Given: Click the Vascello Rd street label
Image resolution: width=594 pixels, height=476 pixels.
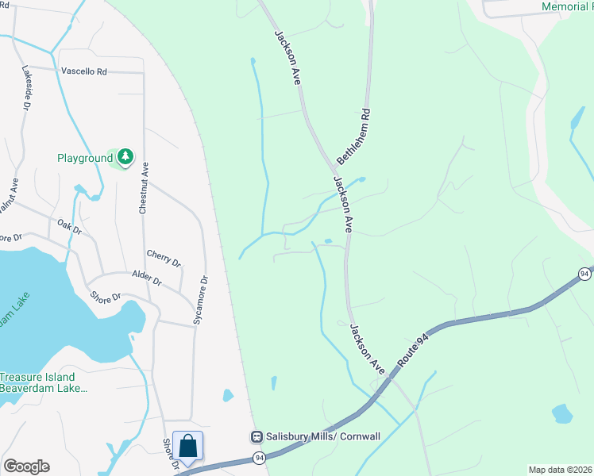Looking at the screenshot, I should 83,71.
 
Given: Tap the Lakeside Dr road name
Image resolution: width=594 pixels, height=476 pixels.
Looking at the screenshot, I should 27,86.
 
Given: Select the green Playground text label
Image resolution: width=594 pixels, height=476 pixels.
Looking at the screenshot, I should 85,158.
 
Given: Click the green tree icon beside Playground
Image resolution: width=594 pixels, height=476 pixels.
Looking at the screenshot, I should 125,158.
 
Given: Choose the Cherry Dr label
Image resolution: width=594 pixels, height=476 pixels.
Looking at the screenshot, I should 164,258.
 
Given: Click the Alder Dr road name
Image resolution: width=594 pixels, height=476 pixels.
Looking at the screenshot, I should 147,279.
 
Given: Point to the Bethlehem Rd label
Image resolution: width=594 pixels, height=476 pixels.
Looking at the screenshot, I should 354,136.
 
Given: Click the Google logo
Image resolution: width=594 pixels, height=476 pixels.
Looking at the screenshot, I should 26,466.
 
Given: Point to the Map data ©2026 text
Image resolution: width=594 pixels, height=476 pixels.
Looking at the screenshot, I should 560,470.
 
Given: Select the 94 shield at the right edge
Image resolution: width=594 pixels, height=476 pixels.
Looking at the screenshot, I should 585,274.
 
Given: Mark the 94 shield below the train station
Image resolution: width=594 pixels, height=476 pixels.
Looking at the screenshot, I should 260,458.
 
